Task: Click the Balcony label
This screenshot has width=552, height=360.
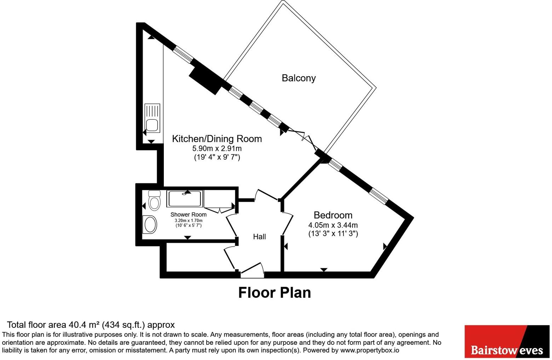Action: tap(299, 78)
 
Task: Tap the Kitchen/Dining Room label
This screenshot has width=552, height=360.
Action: tap(217, 139)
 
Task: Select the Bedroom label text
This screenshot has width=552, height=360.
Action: tap(333, 215)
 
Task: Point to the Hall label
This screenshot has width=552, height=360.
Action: tap(259, 237)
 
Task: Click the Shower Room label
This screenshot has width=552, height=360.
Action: tap(189, 215)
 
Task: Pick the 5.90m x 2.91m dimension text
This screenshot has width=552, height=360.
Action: tap(217, 148)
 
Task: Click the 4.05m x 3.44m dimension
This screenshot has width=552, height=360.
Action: tap(333, 225)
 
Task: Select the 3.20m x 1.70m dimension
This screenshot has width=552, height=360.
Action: tap(189, 221)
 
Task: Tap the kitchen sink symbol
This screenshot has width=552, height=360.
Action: tap(152, 118)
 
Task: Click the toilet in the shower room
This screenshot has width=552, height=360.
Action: tap(155, 200)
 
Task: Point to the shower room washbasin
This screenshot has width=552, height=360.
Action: tap(150, 224)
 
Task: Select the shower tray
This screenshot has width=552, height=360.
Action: tap(185, 199)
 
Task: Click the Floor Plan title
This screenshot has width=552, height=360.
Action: tap(275, 293)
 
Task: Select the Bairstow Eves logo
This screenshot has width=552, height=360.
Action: tap(507, 342)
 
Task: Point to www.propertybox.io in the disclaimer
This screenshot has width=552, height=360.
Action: tap(370, 350)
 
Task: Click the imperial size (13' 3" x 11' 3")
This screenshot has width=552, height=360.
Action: tap(333, 234)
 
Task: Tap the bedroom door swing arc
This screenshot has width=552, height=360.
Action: tap(288, 223)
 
